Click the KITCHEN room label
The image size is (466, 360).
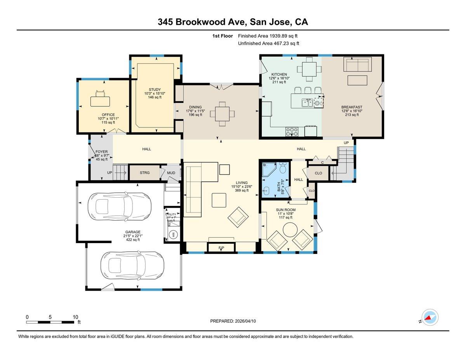tap(279, 74)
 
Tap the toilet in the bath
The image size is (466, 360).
tap(283, 169)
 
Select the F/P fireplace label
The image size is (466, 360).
tap(221, 247)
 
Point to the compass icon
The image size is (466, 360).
tap(430, 318)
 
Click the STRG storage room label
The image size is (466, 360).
tap(144, 172)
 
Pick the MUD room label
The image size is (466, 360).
tap(171, 173)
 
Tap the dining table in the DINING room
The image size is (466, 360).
tap(222, 114)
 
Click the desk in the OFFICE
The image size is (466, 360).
tap(100, 101)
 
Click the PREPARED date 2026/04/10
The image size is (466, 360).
tap(233, 321)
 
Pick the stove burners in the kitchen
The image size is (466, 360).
tap(292, 132)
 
